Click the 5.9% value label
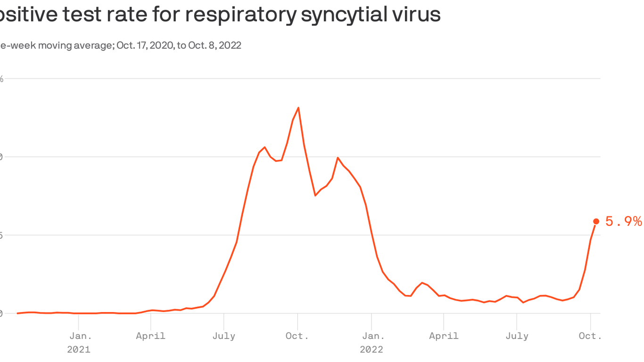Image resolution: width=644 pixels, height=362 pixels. coord(623,222)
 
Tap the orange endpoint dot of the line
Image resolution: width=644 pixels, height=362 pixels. coord(596,222)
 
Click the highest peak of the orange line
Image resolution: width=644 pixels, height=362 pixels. coord(298,108)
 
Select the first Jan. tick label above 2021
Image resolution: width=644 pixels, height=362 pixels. coord(81,336)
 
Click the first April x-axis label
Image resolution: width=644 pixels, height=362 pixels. coord(151,336)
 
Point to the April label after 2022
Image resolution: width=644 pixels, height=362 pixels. coord(444,336)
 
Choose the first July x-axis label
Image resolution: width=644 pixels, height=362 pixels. coord(224,336)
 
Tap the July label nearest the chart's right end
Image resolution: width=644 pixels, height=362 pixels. coord(517,336)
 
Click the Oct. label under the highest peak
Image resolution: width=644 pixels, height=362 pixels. coord(297,336)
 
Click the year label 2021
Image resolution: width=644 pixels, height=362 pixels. coord(79,350)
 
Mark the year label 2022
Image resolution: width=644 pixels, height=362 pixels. coord(372,350)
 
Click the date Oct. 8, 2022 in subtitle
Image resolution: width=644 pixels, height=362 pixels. coord(215,45)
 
